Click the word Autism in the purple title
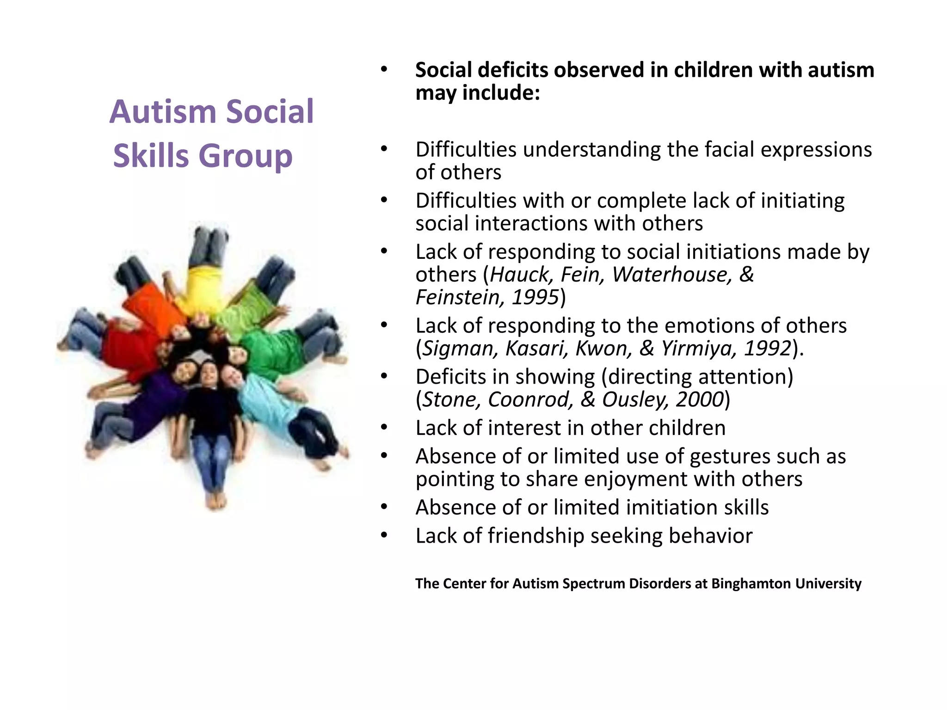163,112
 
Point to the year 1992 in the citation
768,349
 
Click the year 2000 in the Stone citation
700,399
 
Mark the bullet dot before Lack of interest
384,428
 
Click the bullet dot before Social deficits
384,70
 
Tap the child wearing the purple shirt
153,402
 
